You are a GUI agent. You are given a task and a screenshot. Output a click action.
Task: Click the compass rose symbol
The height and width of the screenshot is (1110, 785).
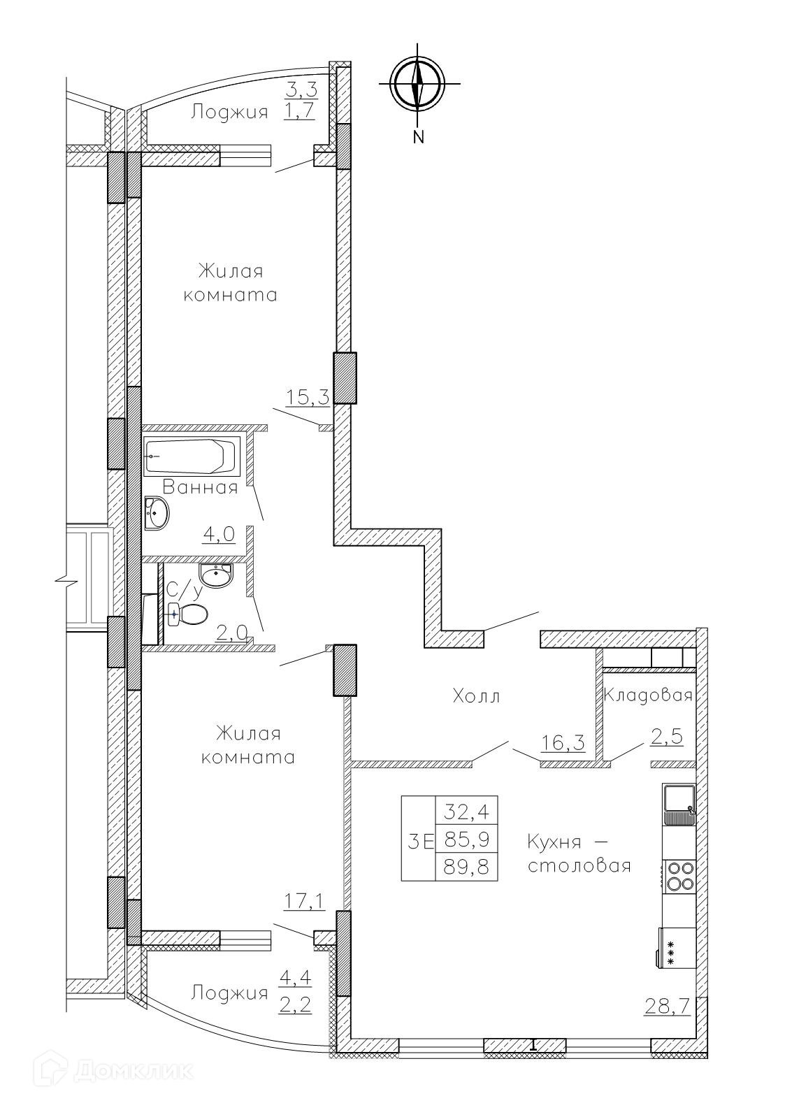coord(419,85)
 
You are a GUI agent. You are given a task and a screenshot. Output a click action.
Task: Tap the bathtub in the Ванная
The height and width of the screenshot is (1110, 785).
coord(192,456)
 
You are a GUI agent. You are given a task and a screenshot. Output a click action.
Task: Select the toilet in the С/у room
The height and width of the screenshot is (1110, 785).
coord(188,615)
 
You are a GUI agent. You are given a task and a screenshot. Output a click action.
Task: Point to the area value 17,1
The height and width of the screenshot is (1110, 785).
coord(304,902)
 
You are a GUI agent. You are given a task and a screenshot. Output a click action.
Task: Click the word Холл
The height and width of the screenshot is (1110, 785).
coord(476,697)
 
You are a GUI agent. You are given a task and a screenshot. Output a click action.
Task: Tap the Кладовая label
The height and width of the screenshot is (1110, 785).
coord(648,695)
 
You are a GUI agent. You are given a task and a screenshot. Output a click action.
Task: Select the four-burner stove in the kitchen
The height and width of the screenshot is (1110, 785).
coord(679,876)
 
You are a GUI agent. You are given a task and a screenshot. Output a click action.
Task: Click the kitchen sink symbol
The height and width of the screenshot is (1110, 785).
coord(679,806)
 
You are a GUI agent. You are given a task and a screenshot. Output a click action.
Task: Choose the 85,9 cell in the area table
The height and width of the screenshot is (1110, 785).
coord(466,839)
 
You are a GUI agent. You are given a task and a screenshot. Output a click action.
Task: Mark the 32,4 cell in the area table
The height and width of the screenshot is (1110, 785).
coord(466,813)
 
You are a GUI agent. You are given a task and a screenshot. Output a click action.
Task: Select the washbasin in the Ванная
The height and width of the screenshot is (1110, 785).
coord(157,513)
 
